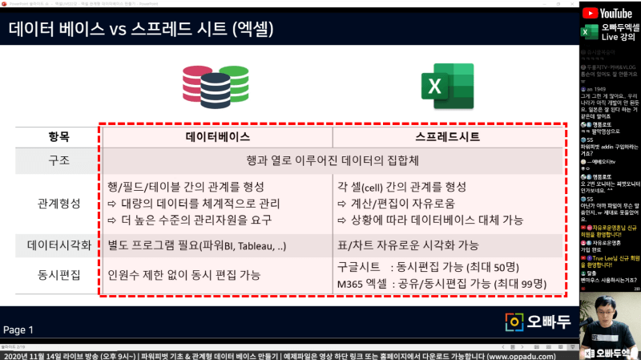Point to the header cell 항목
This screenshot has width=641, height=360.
point(58,137)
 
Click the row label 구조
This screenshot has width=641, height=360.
point(58,160)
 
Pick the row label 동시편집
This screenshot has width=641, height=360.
point(58,275)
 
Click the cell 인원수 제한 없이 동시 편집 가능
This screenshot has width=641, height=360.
point(183,275)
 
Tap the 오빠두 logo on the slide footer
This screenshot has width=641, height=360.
point(538,322)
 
